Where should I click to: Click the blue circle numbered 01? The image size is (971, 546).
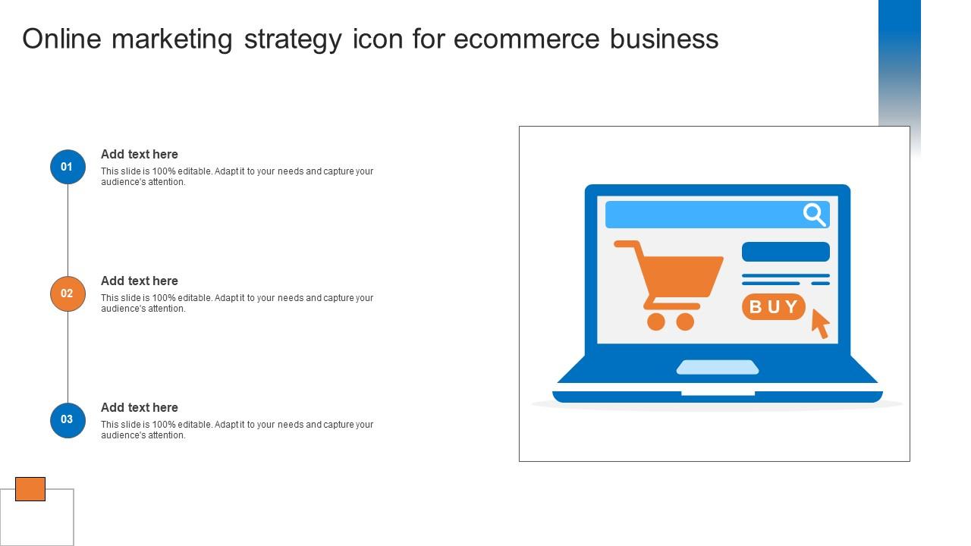[x=68, y=167]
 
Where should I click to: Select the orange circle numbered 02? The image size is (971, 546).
[x=68, y=293]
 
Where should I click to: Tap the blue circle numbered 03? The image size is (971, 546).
[x=68, y=420]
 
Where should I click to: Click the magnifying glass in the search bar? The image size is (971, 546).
[x=814, y=215]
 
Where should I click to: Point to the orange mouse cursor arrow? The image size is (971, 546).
[x=821, y=324]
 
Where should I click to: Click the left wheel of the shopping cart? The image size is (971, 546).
[x=656, y=322]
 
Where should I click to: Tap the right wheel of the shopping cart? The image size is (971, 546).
[x=685, y=322]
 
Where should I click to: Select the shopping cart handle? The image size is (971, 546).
[x=627, y=244]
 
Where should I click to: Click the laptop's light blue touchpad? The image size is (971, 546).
[x=718, y=367]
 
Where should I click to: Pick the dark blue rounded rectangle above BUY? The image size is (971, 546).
[x=785, y=252]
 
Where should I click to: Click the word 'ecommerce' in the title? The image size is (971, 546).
[x=526, y=39]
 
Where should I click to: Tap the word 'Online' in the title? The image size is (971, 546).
[x=62, y=39]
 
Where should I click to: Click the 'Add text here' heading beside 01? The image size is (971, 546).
[x=139, y=154]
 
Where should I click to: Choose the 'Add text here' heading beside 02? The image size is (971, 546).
[x=139, y=281]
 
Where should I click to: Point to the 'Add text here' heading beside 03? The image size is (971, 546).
[x=139, y=407]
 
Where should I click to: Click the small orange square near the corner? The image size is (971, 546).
[x=30, y=489]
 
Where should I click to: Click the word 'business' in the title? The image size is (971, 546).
[x=664, y=39]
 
